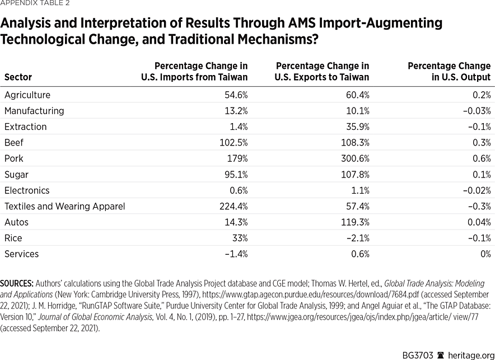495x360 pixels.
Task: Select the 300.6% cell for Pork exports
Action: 353,158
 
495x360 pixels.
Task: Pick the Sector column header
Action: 18,77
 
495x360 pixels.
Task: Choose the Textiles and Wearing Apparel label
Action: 64,206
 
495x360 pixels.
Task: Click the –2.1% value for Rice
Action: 357,238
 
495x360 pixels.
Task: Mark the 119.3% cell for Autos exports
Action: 354,222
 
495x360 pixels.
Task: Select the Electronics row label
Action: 27,190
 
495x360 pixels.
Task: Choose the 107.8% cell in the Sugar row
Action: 354,174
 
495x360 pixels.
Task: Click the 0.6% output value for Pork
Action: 481,158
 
